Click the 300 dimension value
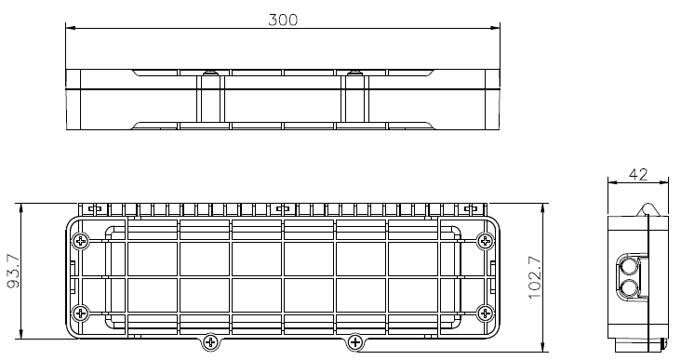click(283, 20)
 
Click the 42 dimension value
click(638, 175)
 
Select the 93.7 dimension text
click(14, 271)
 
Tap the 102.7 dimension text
click(535, 277)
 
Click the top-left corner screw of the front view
click(81, 241)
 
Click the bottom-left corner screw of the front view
click(81, 313)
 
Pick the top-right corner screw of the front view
click(485, 241)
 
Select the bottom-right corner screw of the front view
click(485, 313)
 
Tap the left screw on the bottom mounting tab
click(210, 341)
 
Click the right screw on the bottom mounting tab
click(355, 341)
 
